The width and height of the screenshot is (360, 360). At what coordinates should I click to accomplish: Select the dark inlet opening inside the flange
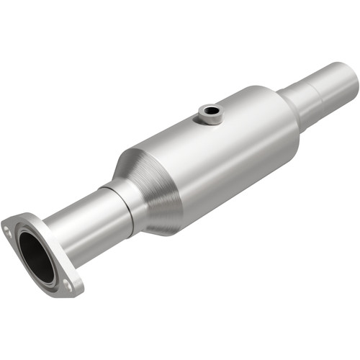pos(36,256)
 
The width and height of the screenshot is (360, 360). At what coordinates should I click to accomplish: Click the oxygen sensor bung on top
pos(211,113)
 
